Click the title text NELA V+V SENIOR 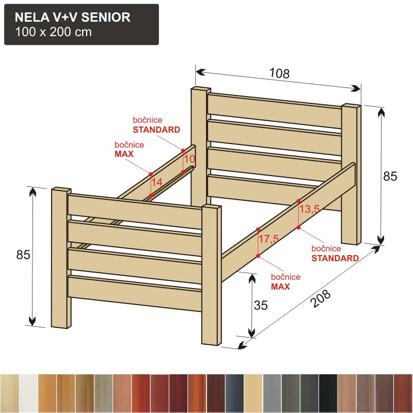[x=72, y=17]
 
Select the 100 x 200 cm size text [x=54, y=32]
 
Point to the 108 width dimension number [x=279, y=73]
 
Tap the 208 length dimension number [x=321, y=298]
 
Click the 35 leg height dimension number [x=261, y=305]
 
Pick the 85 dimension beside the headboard [x=390, y=176]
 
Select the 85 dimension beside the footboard [x=23, y=255]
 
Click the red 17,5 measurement [x=268, y=239]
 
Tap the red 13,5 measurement [x=309, y=209]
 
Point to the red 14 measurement [x=157, y=182]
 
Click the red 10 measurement [x=189, y=159]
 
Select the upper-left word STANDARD [x=156, y=130]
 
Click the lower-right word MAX [x=280, y=287]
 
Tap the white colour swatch [x=28, y=393]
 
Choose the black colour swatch [x=328, y=393]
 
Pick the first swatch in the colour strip [x=10, y=393]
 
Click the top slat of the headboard [x=275, y=110]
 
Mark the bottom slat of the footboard [x=135, y=293]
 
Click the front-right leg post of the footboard [x=212, y=275]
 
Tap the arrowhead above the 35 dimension [x=252, y=278]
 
